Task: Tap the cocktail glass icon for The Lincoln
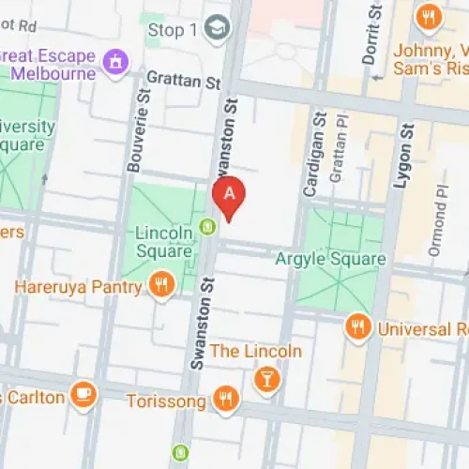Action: click(x=266, y=378)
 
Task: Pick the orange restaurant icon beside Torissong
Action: click(x=225, y=400)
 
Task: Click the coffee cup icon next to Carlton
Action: click(x=84, y=396)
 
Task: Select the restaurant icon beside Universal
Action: click(x=356, y=327)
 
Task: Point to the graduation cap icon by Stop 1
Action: click(x=218, y=27)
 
